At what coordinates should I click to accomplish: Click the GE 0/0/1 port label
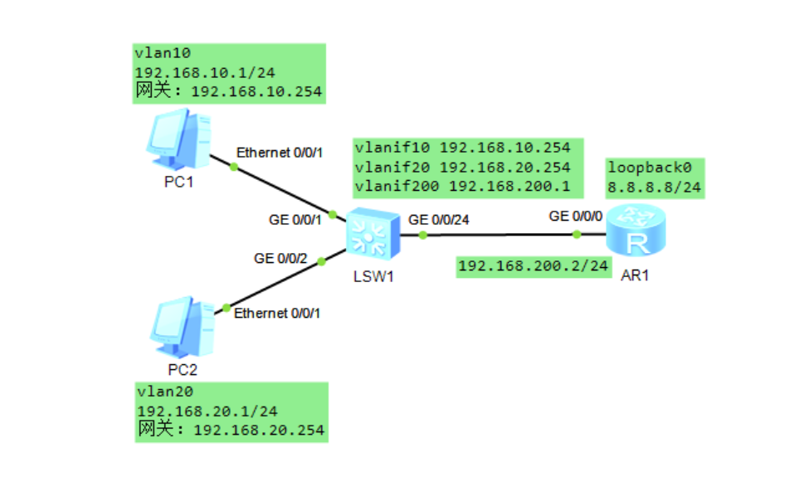tap(295, 220)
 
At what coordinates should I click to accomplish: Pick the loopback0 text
tap(643, 166)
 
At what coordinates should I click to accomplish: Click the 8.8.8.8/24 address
tap(654, 187)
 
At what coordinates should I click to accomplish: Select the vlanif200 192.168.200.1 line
tap(462, 186)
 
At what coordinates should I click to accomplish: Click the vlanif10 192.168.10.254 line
tap(462, 148)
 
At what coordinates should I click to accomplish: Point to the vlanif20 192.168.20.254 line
tap(462, 167)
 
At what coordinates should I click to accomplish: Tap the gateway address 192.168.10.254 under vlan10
tap(256, 91)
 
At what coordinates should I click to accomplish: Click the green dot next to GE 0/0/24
tap(423, 236)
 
